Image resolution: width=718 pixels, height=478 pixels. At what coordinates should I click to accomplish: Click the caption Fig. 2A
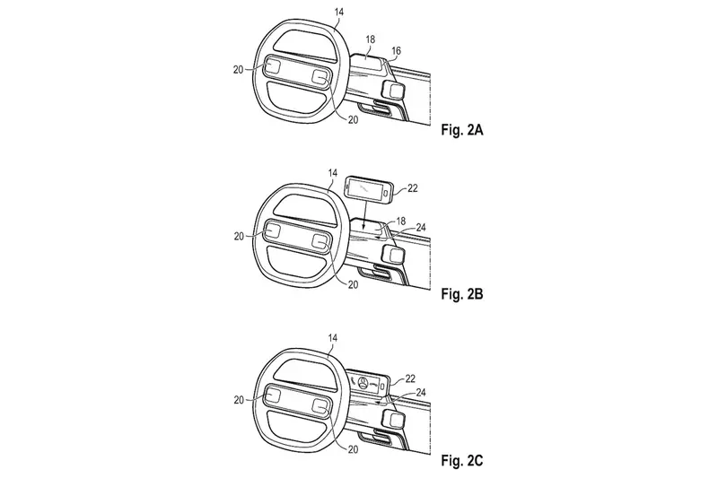coord(462,130)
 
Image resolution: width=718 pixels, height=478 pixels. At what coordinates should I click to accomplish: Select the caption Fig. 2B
coord(462,294)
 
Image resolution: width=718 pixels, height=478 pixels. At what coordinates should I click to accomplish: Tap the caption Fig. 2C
coord(462,460)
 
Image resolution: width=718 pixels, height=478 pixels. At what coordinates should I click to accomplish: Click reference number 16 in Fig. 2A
coord(396,51)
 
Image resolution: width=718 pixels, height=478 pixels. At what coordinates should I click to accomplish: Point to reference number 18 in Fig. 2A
coord(370,39)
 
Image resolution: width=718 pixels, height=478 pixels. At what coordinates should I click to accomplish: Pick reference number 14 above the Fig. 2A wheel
coord(338,12)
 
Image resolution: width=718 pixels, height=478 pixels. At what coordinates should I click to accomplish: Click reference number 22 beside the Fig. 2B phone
coord(412,188)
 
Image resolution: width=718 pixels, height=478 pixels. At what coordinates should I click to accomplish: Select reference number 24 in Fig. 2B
coord(420,227)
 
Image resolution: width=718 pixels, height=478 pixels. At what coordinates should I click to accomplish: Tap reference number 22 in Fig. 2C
coord(410,378)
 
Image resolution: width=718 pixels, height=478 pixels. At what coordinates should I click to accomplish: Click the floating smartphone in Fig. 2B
coord(369,190)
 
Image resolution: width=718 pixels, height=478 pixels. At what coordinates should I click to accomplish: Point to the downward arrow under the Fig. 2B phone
coord(362,214)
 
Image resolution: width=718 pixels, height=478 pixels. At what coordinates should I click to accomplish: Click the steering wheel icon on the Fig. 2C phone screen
coord(363,383)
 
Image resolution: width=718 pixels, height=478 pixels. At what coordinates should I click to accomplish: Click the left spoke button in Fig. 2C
coord(272,395)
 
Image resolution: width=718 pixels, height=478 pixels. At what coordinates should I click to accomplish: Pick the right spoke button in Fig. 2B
coord(320,242)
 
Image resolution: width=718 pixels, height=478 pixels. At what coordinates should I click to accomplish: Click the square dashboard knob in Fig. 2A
coord(393,90)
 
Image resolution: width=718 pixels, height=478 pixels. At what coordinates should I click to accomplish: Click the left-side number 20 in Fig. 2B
coord(239,237)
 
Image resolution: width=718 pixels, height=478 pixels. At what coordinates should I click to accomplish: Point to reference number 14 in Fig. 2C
coord(332,338)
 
